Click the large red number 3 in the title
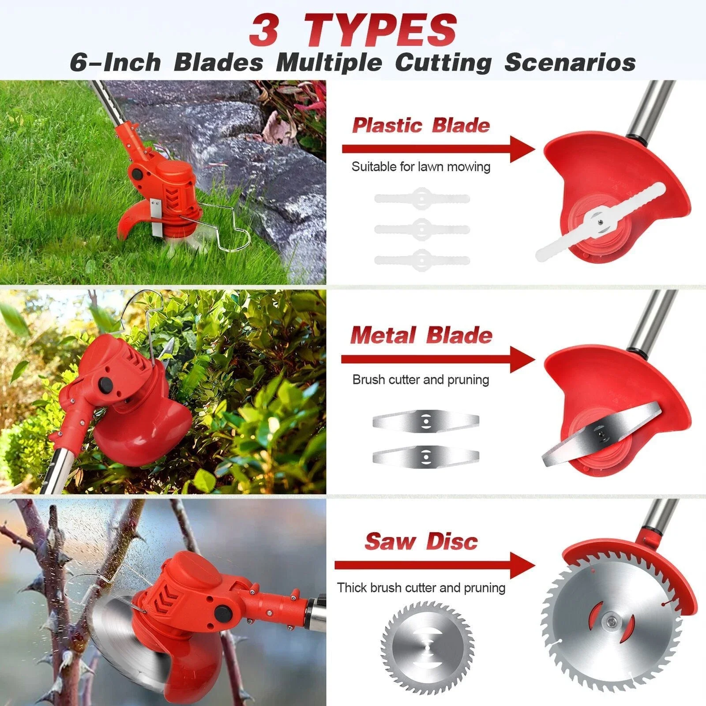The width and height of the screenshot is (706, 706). (263, 30)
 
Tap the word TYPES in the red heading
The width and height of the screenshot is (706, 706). (380, 30)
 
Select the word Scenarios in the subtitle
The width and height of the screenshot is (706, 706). (570, 62)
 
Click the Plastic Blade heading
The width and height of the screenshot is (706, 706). (421, 125)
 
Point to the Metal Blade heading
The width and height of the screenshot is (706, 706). (421, 335)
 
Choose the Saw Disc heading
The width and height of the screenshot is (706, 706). (421, 541)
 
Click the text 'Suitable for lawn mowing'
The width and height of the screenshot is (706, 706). (421, 167)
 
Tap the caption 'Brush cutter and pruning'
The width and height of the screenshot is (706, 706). (421, 379)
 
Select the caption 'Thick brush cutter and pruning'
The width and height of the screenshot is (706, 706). (421, 588)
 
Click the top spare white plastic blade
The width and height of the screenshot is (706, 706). (422, 198)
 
